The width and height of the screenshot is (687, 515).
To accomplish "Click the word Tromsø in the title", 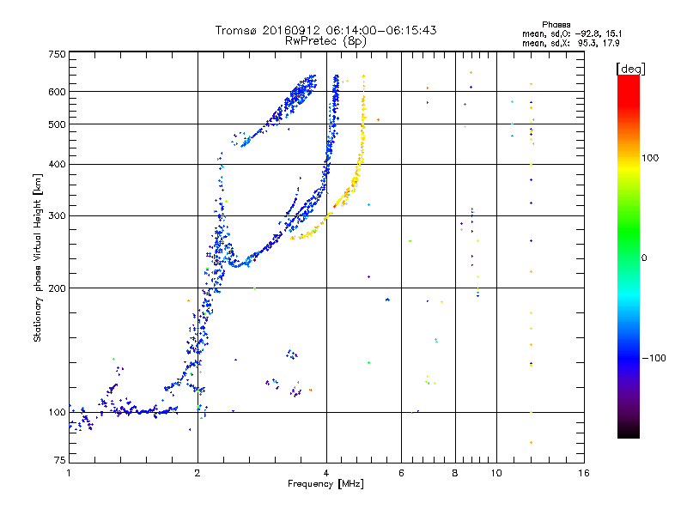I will (235, 30).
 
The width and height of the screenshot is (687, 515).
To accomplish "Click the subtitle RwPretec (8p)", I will (326, 40).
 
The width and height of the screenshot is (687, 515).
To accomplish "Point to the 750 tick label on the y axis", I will (57, 54).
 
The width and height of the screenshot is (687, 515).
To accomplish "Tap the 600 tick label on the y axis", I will (57, 92).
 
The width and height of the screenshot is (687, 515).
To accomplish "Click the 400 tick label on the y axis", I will (57, 164).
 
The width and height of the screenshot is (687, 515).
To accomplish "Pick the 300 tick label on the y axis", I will (57, 215).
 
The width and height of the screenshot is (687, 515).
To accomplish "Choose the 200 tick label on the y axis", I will (57, 288).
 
